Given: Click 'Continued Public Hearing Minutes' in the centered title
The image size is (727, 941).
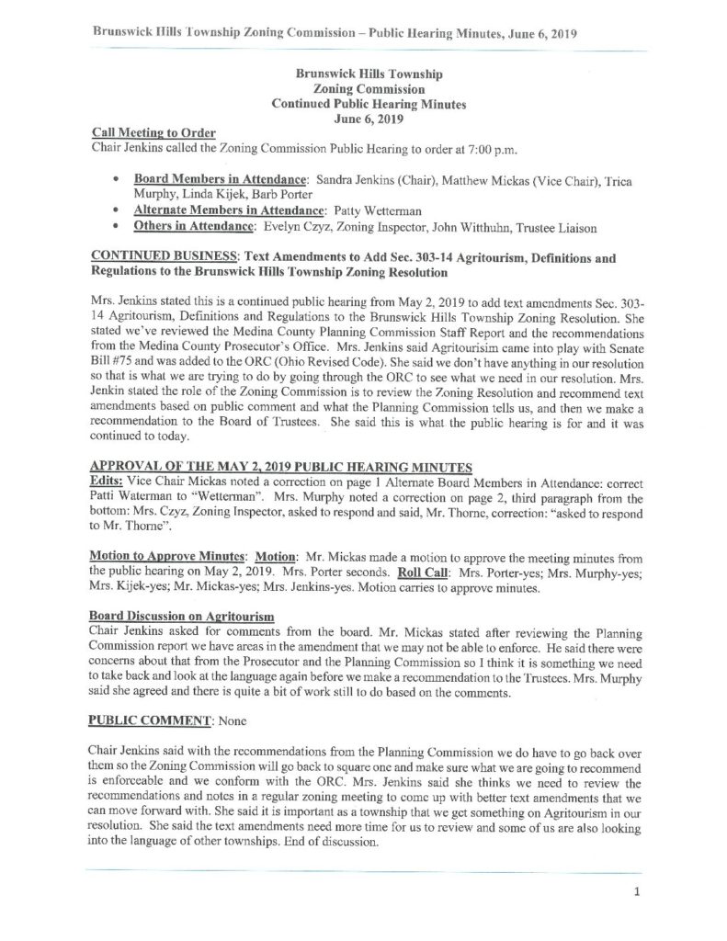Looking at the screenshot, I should (369, 104).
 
